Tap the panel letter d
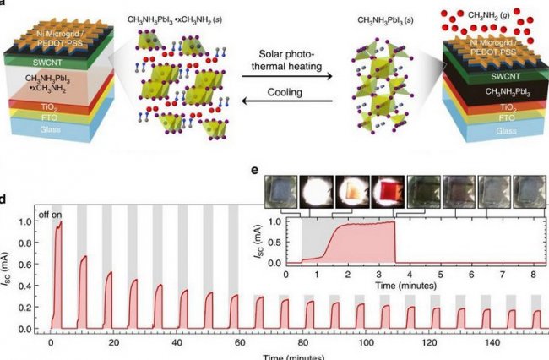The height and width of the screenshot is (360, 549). tap(5, 199)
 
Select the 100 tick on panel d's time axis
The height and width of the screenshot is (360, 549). tap(365, 344)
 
